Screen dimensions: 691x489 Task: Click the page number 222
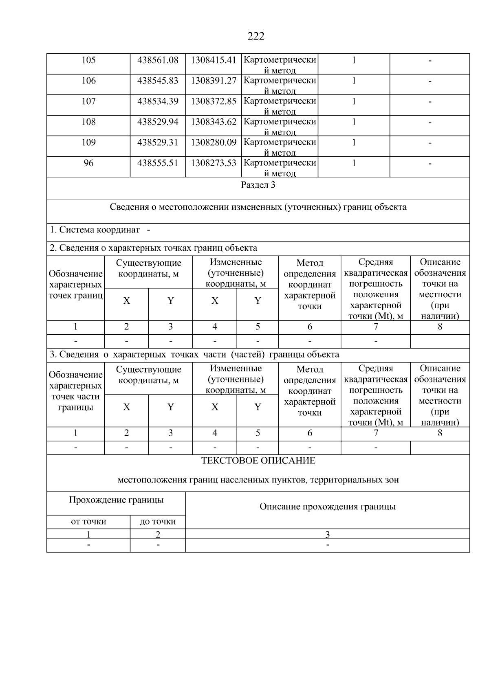256,37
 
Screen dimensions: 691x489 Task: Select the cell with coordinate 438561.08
158,60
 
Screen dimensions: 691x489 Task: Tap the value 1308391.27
214,81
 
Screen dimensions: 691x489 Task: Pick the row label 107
88,101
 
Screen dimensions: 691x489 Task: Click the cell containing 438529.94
158,122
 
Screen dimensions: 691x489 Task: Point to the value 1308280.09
214,143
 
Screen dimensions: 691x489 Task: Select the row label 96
88,163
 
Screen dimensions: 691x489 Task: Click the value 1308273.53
214,163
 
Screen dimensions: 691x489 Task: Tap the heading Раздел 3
258,185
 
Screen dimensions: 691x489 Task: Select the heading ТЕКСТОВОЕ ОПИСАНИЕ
258,461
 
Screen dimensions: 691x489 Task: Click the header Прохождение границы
116,500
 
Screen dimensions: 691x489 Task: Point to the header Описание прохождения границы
327,507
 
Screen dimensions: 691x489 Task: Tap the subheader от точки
88,521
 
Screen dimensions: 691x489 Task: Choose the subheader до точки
158,521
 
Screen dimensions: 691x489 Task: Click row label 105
88,60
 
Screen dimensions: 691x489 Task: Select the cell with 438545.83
158,81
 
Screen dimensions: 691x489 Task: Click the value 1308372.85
214,101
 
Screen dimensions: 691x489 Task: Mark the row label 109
88,143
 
